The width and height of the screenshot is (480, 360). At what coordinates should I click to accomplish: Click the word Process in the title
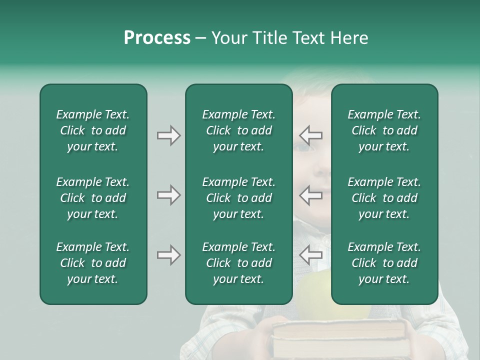click(x=157, y=38)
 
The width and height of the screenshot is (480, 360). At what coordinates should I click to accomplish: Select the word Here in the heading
click(x=349, y=38)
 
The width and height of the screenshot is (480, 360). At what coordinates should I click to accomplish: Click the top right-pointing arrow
click(x=168, y=135)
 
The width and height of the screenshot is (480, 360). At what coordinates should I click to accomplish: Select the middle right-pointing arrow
click(x=168, y=195)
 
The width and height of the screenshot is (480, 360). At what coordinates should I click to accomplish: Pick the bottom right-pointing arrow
click(x=168, y=255)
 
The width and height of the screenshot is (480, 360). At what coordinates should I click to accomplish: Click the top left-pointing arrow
click(x=310, y=135)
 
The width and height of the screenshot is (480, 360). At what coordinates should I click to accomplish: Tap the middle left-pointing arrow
click(x=310, y=195)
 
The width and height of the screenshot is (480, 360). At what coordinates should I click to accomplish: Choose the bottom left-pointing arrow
click(x=310, y=255)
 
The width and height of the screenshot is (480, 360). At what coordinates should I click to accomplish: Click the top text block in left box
click(x=93, y=130)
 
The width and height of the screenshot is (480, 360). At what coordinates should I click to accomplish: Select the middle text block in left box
click(x=93, y=198)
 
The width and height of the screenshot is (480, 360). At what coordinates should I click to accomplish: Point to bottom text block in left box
click(x=93, y=263)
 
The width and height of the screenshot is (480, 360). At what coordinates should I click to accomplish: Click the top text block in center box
click(x=238, y=130)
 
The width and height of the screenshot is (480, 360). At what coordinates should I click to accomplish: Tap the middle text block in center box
click(x=238, y=198)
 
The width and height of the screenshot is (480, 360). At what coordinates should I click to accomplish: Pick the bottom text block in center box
click(x=238, y=263)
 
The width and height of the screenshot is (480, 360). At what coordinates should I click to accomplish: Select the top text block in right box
click(x=384, y=130)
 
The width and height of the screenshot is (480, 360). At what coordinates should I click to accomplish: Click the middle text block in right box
click(x=384, y=198)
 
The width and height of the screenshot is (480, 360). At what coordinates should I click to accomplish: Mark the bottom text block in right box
click(x=384, y=263)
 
